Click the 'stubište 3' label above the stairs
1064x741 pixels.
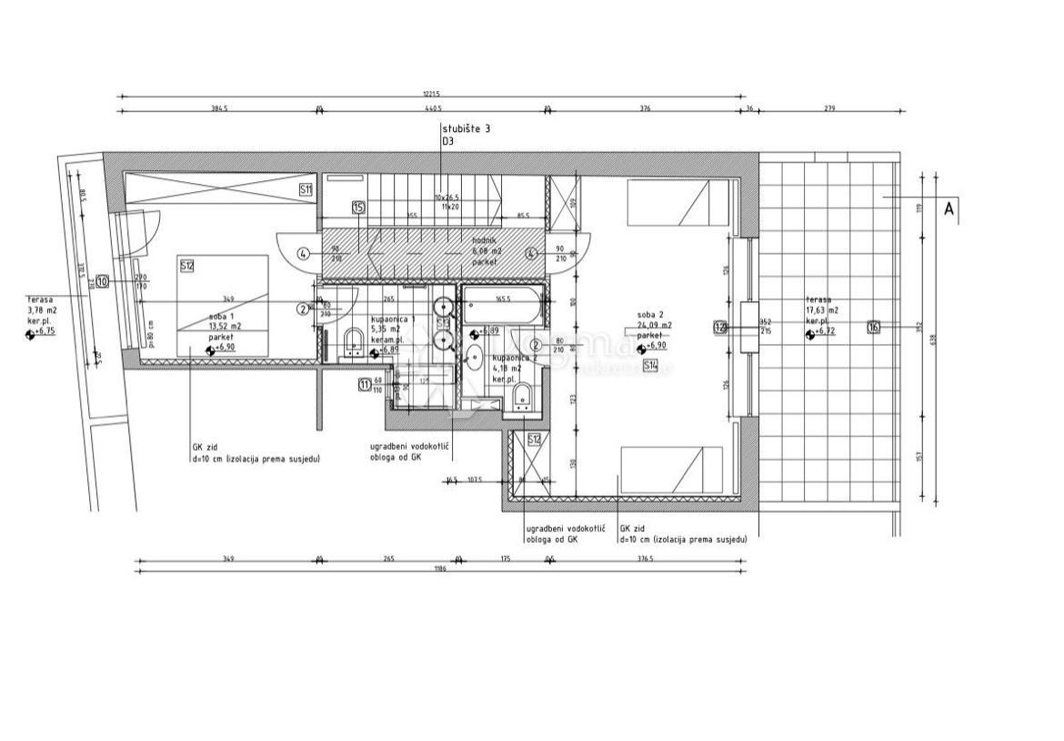pyautogui.click(x=466, y=130)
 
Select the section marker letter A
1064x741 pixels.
pyautogui.click(x=949, y=209)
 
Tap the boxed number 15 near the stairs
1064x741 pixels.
pyautogui.click(x=358, y=208)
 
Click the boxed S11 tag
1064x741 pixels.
pyautogui.click(x=306, y=189)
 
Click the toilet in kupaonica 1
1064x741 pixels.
pyautogui.click(x=355, y=342)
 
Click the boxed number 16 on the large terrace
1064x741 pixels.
pyautogui.click(x=873, y=327)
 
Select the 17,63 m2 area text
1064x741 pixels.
pyautogui.click(x=822, y=310)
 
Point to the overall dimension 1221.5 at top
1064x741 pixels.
pyautogui.click(x=431, y=93)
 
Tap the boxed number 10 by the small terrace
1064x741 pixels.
pyautogui.click(x=102, y=282)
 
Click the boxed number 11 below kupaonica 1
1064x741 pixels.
pyautogui.click(x=365, y=384)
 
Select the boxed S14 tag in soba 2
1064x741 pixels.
pyautogui.click(x=650, y=366)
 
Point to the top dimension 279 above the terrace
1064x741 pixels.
pyautogui.click(x=830, y=108)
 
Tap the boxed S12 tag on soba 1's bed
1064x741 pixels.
pyautogui.click(x=187, y=267)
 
